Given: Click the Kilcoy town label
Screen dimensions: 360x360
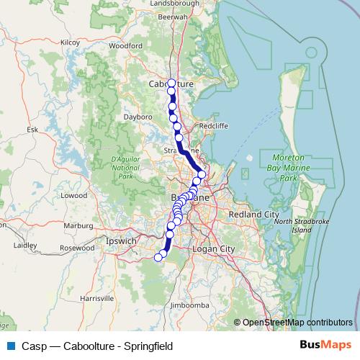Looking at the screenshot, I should pos(70,42).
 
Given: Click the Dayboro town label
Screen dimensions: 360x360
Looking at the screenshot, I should pos(139,115).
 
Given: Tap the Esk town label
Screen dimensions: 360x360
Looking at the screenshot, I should pos(32,130).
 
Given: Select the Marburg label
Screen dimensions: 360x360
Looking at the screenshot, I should pos(80,225).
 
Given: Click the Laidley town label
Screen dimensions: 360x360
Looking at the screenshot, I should pos(25,245).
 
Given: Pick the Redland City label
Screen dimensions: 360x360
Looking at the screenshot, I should pos(253,215).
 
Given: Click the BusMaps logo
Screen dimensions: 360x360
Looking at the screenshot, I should pos(325,346).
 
